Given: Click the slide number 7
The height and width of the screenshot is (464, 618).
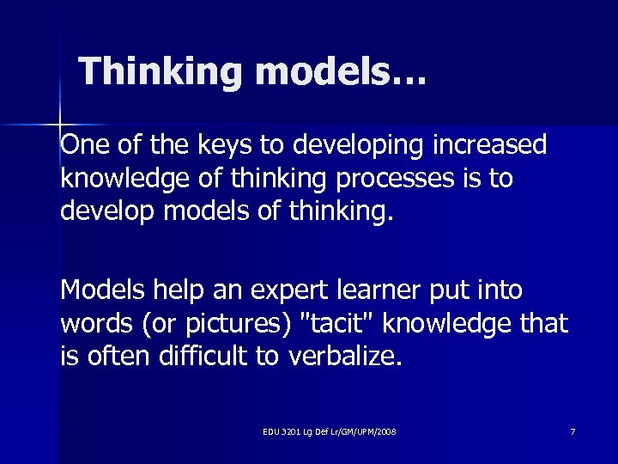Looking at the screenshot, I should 573,430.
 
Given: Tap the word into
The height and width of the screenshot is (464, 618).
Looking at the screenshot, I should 501,290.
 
